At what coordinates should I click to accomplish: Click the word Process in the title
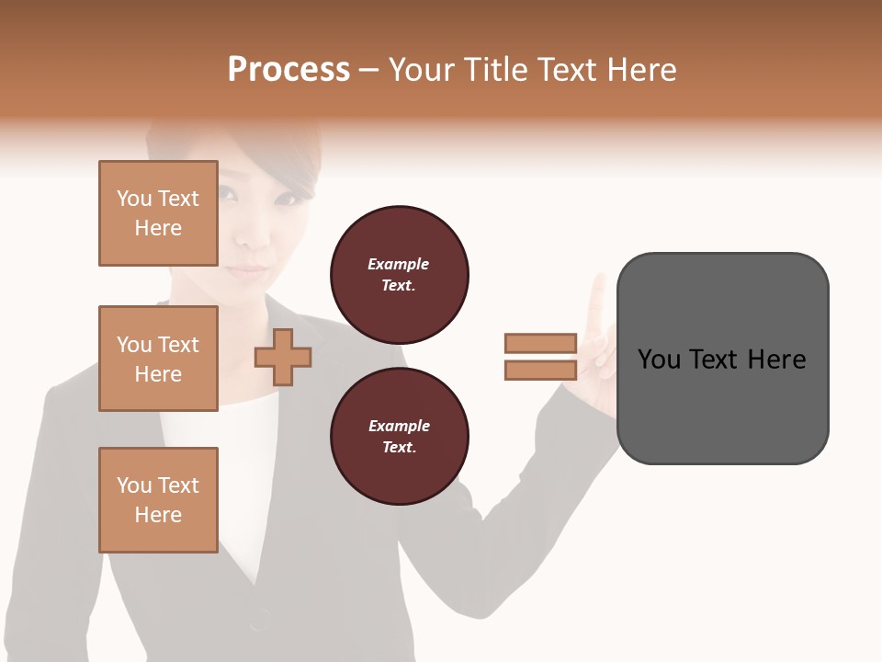click(x=288, y=70)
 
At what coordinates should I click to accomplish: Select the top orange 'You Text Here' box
click(x=158, y=213)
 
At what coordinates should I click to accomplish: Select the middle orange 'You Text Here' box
click(x=158, y=359)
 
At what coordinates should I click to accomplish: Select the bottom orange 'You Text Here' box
click(x=158, y=500)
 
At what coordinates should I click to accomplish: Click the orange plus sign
click(x=282, y=358)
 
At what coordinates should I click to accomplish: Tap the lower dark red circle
click(x=399, y=437)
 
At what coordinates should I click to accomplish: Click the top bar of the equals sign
click(x=540, y=344)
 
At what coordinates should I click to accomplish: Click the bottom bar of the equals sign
click(x=540, y=371)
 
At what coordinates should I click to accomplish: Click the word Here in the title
click(x=642, y=70)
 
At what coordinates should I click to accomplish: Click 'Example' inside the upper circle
click(x=398, y=265)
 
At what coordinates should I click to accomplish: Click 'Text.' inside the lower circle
click(x=399, y=448)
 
